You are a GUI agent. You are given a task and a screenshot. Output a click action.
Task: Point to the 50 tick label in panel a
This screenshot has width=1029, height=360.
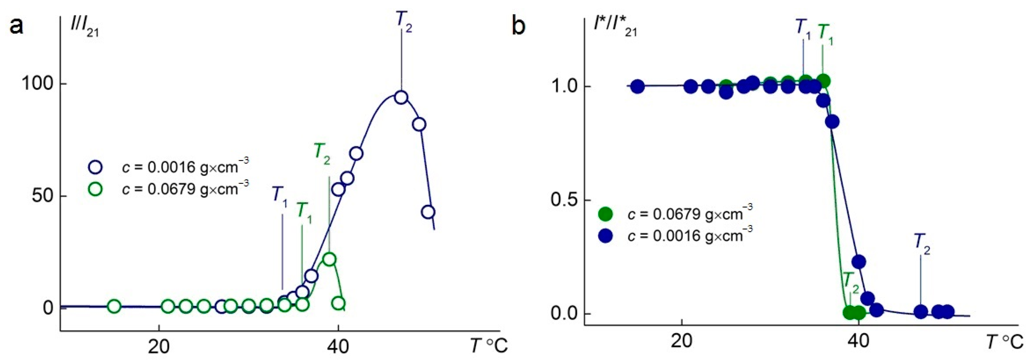coord(43,196)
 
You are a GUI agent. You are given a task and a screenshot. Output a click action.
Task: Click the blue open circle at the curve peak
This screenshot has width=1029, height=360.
coord(401,97)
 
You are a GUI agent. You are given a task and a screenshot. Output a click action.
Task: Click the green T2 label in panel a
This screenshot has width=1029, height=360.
coord(322,154)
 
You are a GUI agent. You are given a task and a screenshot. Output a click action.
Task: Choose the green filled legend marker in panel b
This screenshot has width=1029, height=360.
coord(606,214)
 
